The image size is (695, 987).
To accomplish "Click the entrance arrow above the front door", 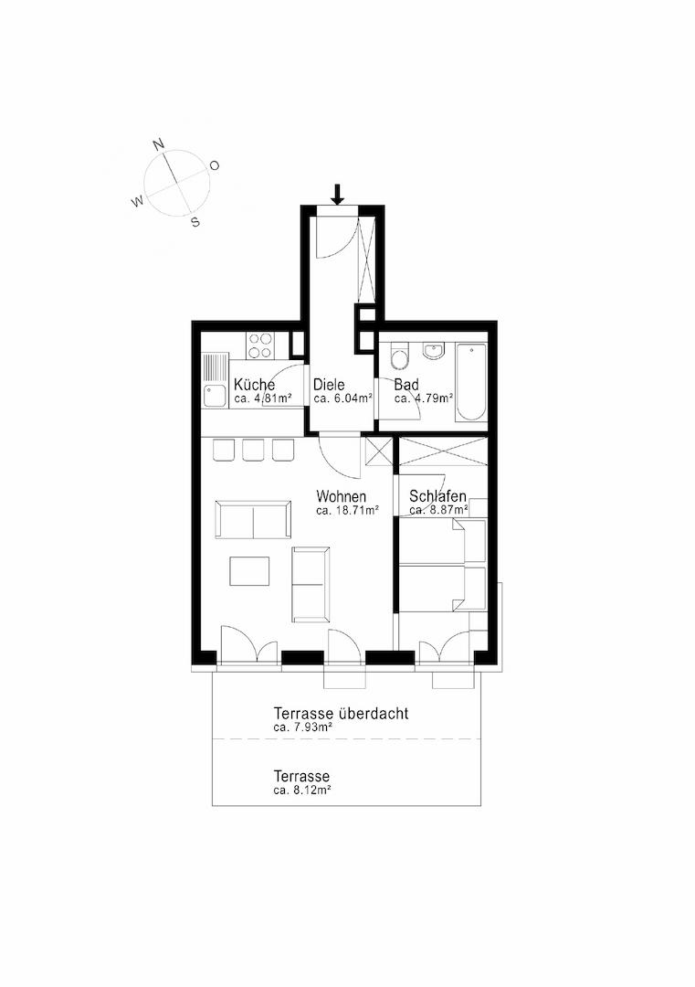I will pos(337,194).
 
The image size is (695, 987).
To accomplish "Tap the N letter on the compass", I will pos(158,144).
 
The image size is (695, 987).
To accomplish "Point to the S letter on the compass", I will pos(195,221).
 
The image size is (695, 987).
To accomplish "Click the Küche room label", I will pos(254,385).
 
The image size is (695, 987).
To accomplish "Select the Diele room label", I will pos(330,385).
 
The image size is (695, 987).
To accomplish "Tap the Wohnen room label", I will pos(342,496).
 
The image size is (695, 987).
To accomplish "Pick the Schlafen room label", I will pos(438,496).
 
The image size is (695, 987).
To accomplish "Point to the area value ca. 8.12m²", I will pos(301,790).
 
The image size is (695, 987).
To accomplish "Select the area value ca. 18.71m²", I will pos(347,510).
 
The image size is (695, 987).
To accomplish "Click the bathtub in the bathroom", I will pos(471,381).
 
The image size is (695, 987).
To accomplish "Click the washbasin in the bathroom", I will pos(433,351).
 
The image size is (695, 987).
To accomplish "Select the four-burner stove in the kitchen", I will pos(260,345).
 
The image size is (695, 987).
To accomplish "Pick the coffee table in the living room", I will pos(249,571).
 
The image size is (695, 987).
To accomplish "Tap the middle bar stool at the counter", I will pos(253,449).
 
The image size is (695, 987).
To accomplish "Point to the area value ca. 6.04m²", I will pos(342,398).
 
